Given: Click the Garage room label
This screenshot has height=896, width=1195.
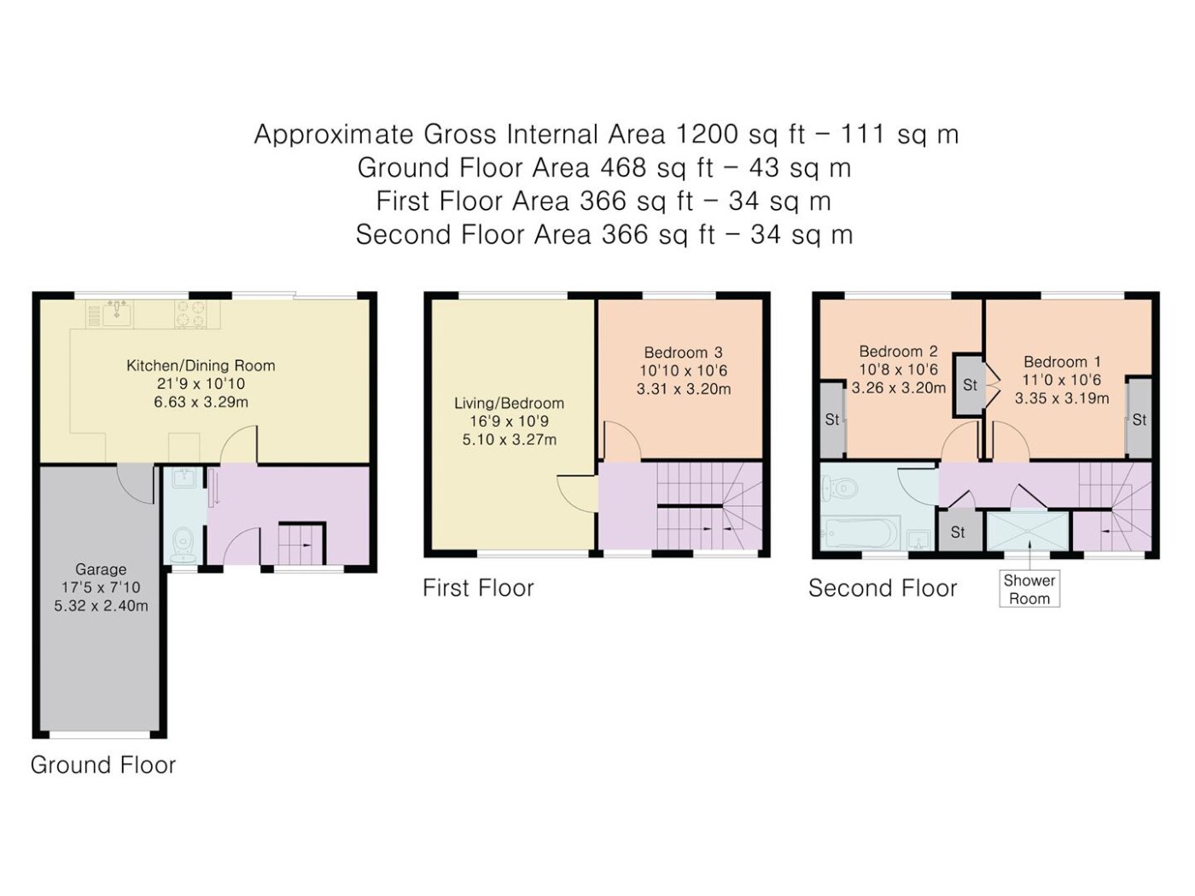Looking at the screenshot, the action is (x=101, y=569).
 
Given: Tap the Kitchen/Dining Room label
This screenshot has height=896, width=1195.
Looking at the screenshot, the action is (x=201, y=365).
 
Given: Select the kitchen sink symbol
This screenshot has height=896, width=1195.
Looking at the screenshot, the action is (x=116, y=314).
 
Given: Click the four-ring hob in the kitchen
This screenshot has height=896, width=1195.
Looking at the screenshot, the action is (x=190, y=314).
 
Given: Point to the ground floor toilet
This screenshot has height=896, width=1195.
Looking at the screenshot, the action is (x=184, y=545).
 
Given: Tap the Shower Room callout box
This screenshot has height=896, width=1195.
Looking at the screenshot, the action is (x=1029, y=589).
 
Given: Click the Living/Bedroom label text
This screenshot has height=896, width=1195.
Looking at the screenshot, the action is (x=509, y=403).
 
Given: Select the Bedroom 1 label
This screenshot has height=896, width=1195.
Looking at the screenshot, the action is (x=1062, y=362).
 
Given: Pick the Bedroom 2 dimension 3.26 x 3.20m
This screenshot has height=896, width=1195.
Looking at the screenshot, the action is (x=899, y=388).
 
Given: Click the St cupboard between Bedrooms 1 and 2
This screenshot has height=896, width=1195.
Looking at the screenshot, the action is (x=970, y=385).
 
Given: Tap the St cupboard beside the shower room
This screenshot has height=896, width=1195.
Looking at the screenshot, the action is (x=959, y=531).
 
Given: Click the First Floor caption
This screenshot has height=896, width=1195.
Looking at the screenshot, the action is (x=479, y=588).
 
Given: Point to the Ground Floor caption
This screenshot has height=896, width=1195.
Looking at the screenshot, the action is (x=103, y=765).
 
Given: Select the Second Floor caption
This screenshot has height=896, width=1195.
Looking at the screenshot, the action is (x=883, y=588).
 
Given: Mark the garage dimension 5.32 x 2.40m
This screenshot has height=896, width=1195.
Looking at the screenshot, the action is (x=101, y=606).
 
